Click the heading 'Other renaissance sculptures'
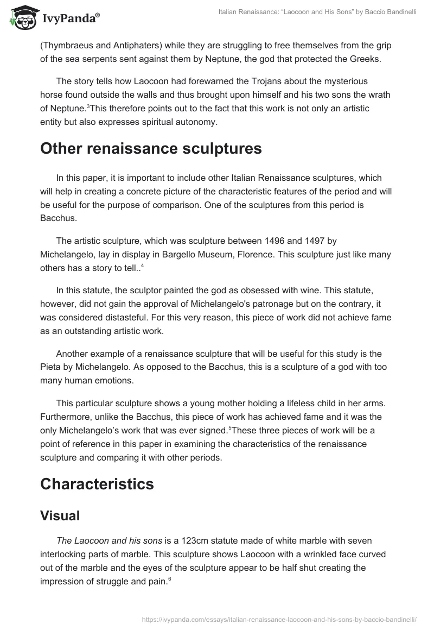[151, 149]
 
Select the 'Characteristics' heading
[97, 484]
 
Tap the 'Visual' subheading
[60, 516]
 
